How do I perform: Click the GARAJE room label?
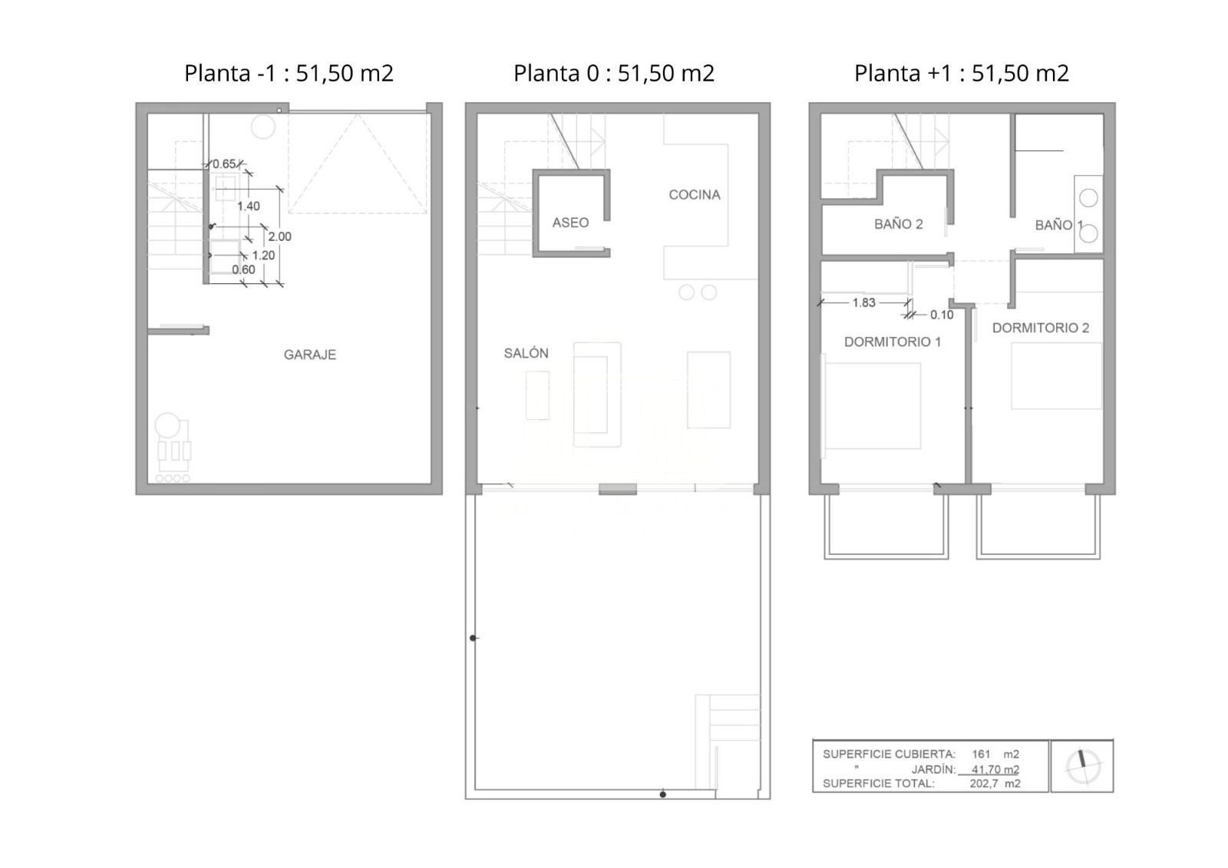(x=310, y=355)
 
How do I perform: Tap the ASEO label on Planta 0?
(x=570, y=223)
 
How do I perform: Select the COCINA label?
(x=695, y=195)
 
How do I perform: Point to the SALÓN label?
(x=526, y=353)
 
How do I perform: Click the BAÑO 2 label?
(x=899, y=224)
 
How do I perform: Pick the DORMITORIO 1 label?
(x=893, y=342)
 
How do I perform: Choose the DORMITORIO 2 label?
(x=1041, y=328)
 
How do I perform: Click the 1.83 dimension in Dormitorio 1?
(x=863, y=302)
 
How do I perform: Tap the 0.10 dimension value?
(x=942, y=315)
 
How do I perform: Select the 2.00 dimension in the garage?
(x=279, y=237)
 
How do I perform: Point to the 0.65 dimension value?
(x=224, y=164)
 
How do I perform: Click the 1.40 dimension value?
(x=249, y=206)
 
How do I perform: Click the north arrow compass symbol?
(x=1082, y=766)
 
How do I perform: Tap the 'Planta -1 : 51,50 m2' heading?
(x=289, y=73)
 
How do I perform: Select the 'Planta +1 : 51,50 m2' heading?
(x=962, y=73)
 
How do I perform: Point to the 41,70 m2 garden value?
(x=995, y=769)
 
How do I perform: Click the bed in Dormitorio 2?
(x=1056, y=376)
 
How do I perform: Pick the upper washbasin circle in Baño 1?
(x=1089, y=198)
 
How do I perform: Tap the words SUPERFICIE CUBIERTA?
(x=889, y=754)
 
